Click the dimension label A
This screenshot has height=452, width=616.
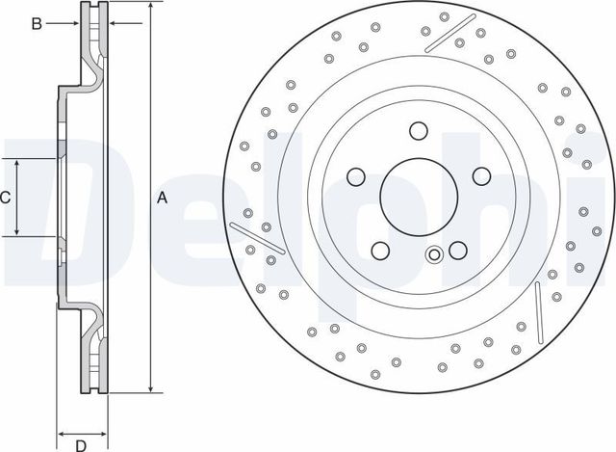coord(163,199)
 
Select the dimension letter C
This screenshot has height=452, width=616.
coord(5,198)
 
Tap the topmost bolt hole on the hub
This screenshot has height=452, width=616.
coord(418,131)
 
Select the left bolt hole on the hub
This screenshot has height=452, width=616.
coord(355,177)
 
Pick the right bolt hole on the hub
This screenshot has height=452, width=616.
coord(480,177)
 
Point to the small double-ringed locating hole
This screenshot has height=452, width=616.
coord(434,254)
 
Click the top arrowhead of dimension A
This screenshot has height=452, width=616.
coord(150,8)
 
